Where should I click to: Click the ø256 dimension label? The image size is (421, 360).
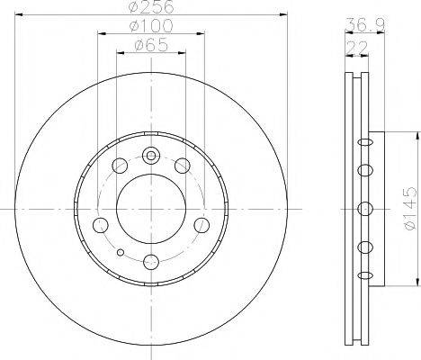pos(151,6)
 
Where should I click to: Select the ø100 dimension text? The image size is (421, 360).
pos(151,26)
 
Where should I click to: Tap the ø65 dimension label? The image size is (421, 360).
pos(151,46)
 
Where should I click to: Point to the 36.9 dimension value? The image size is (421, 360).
pos(364,25)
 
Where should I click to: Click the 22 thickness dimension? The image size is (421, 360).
pos(357,48)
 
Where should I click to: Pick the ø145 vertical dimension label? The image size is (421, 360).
pos(411,209)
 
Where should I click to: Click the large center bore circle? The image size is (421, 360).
pos(151,209)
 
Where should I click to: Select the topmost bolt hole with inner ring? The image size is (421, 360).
pos(151,156)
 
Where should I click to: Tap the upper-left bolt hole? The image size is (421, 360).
pos(120,166)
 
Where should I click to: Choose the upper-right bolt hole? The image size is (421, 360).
pos(183,166)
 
